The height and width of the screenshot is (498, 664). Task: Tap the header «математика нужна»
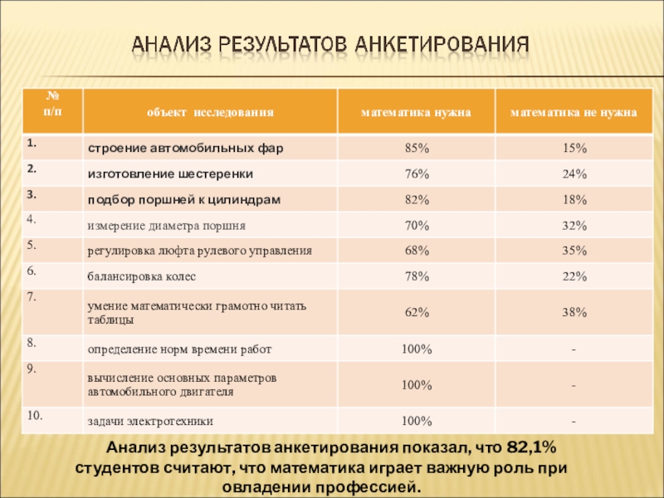[x=416, y=110]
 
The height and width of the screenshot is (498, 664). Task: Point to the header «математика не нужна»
[x=574, y=110]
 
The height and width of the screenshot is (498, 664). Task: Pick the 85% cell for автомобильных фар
[x=416, y=149]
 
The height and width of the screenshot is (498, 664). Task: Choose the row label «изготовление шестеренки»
[x=171, y=174]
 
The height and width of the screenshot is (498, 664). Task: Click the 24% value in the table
[x=574, y=174]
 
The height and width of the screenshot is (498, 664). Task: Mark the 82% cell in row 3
[x=416, y=200]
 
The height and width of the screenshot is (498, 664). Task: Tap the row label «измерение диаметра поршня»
[x=167, y=225]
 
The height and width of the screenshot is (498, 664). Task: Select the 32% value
[x=574, y=225]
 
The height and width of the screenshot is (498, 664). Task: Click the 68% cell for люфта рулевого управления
[x=416, y=250]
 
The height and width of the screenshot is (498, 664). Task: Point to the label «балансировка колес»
[x=138, y=276]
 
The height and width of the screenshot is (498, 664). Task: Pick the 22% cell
[x=574, y=276]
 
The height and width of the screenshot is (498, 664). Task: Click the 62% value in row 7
[x=416, y=313]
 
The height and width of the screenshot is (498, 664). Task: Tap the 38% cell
[x=574, y=313]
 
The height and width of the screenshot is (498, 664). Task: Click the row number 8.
[x=32, y=341]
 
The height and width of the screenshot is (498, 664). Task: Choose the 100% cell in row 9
[x=416, y=385]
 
